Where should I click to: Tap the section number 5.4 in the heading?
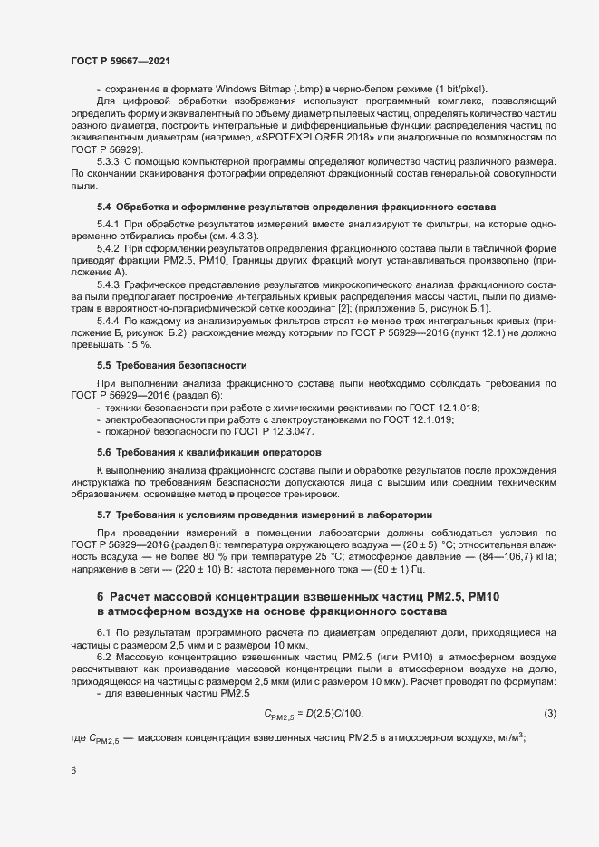(x=103, y=207)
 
